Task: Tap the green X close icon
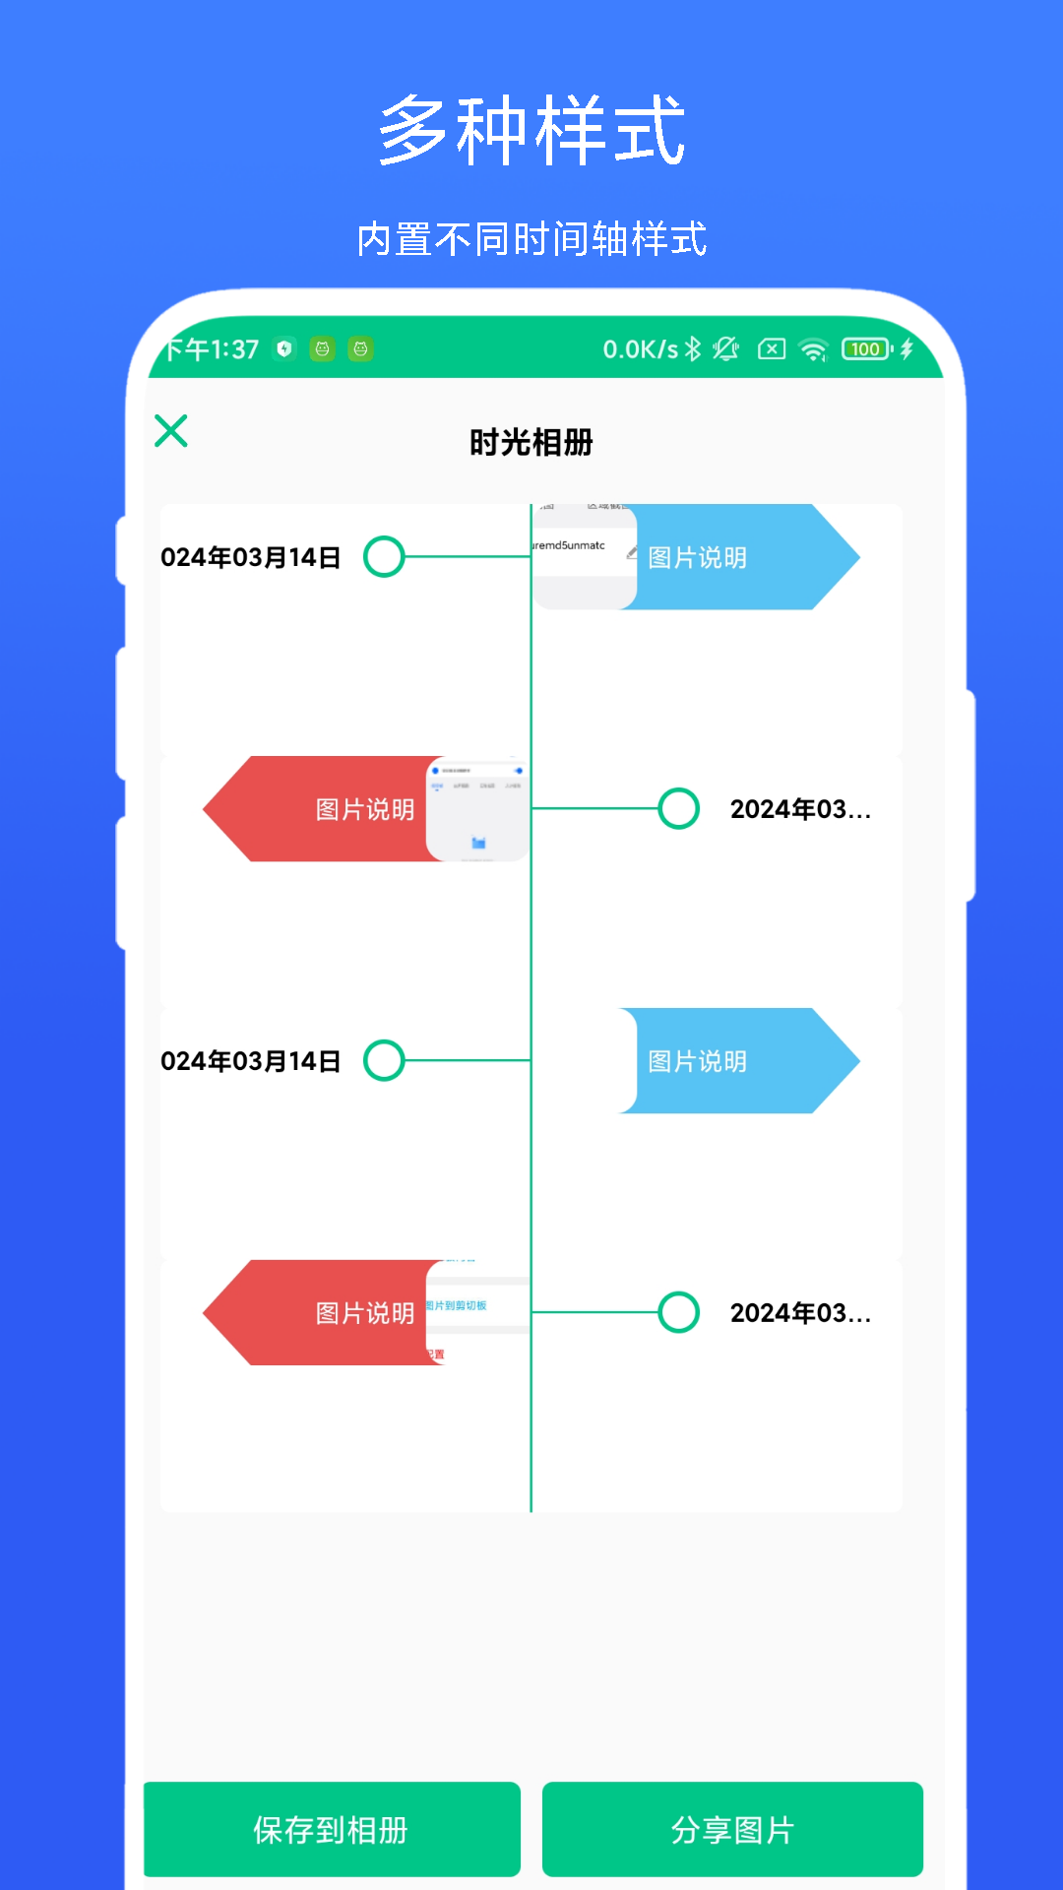(x=171, y=431)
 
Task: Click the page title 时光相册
(x=531, y=443)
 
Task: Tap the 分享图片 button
(x=732, y=1830)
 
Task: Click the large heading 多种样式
(x=531, y=130)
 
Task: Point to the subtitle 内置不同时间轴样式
(x=531, y=239)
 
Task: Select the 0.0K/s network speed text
(x=640, y=349)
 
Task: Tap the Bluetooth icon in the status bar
(x=693, y=348)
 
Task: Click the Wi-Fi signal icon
(x=814, y=349)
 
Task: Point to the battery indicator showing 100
(x=866, y=348)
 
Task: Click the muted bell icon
(x=726, y=348)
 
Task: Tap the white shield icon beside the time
(x=284, y=348)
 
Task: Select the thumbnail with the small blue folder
(x=477, y=809)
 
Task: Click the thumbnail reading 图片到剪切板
(x=477, y=1312)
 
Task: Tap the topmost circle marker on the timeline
(x=384, y=557)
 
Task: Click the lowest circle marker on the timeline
(x=678, y=1312)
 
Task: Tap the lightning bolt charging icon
(x=907, y=348)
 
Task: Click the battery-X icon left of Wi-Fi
(x=772, y=348)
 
